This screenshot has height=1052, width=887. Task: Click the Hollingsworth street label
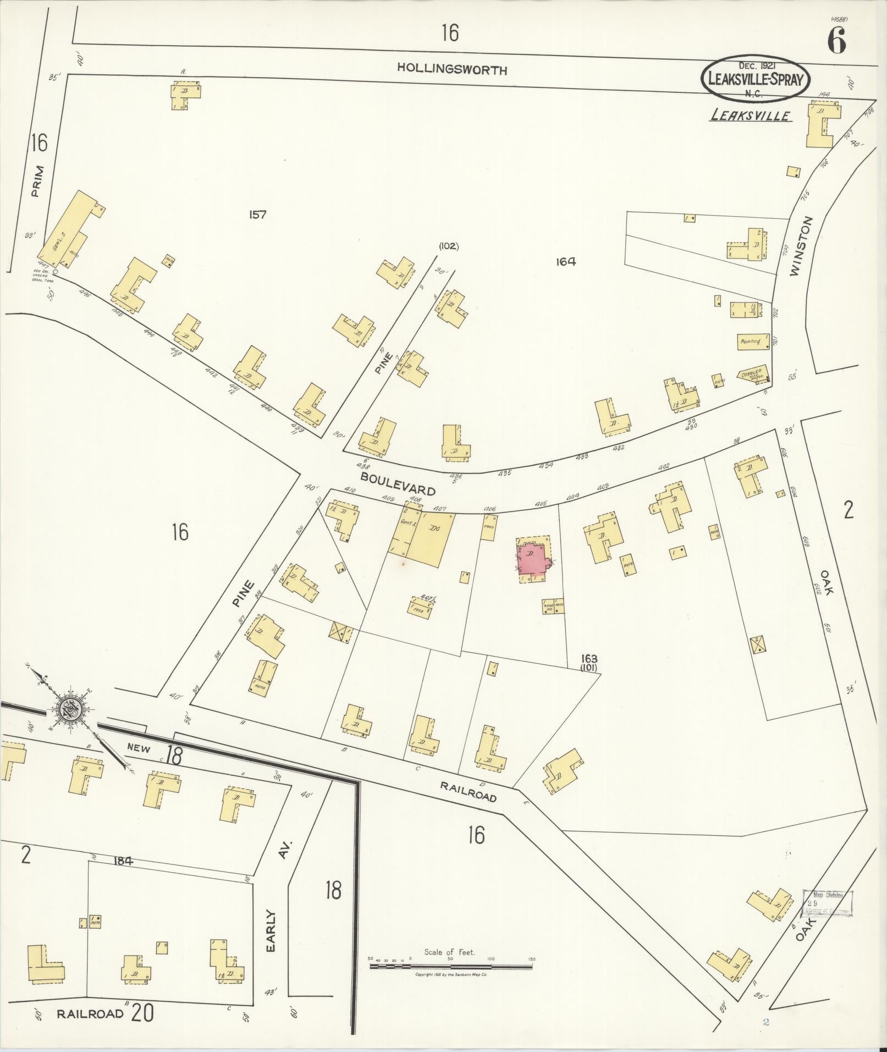pos(452,69)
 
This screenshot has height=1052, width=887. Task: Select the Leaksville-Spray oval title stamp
pos(756,79)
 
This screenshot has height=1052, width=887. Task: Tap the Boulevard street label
pos(398,483)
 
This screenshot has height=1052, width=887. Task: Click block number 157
pos(257,214)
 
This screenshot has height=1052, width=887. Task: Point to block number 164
pos(565,262)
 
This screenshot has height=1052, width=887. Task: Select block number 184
pos(123,861)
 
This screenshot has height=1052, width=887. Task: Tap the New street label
pos(139,747)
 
